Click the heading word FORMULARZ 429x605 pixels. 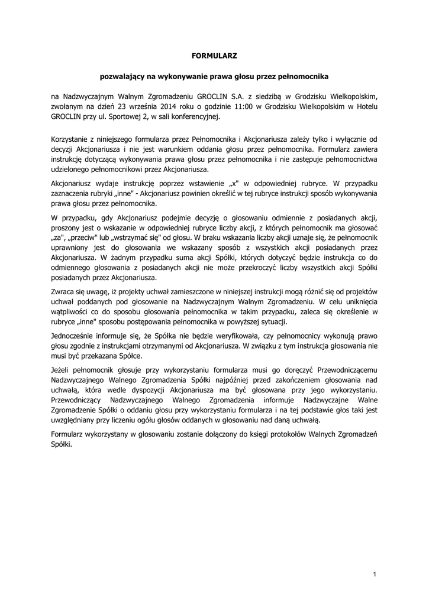click(x=214, y=56)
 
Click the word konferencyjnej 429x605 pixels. click(x=196, y=117)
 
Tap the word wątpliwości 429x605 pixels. click(x=72, y=311)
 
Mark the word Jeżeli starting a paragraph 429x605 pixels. click(x=61, y=369)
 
